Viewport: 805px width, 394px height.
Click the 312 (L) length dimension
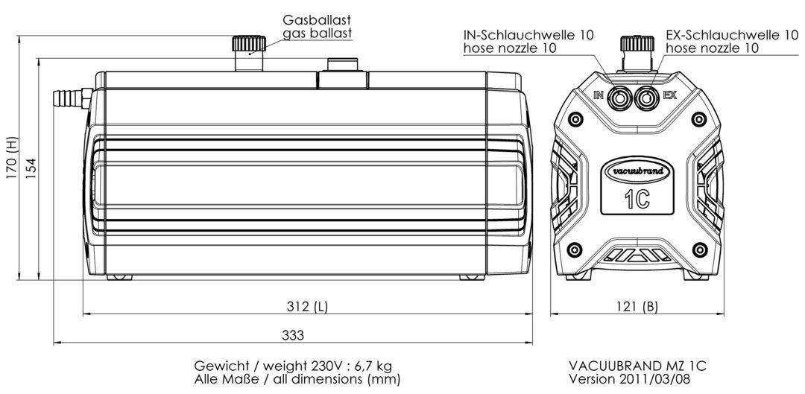307,307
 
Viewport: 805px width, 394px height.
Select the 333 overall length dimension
293,335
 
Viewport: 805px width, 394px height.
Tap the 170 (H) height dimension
12,158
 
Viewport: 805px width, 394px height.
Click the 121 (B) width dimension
637,307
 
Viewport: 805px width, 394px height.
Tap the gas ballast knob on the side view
249,44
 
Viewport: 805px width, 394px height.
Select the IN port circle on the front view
619,97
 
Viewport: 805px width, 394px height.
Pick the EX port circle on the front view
647,97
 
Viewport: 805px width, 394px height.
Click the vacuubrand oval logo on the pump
637,171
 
